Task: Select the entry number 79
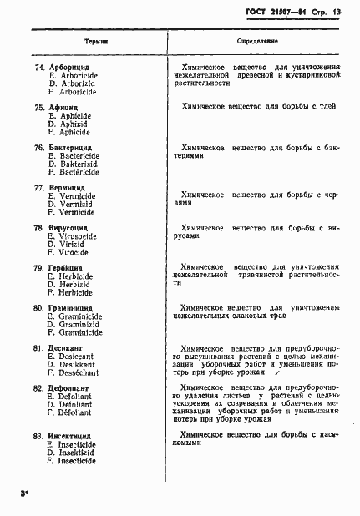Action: [38, 268]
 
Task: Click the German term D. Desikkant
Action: [72, 364]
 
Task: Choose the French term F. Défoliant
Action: [70, 412]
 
